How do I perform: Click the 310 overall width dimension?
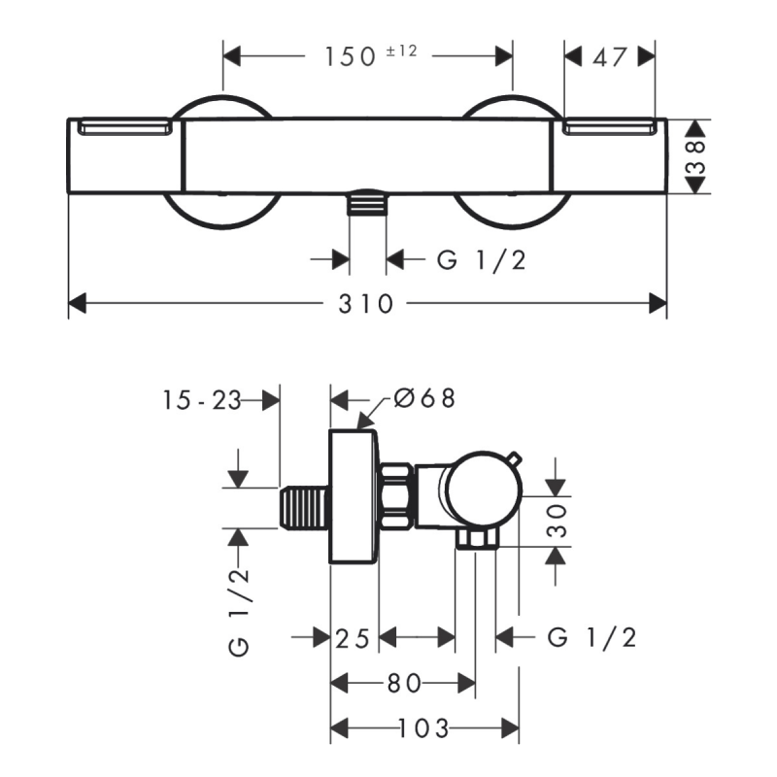[366, 303]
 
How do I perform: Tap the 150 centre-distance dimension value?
[350, 56]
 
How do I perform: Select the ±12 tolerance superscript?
[401, 51]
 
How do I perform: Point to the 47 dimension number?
[610, 57]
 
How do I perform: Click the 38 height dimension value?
[695, 156]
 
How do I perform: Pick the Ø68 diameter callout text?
[424, 398]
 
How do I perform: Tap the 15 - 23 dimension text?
[202, 400]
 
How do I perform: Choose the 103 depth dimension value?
[424, 728]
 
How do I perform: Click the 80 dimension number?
[404, 684]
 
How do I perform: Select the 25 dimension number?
[353, 638]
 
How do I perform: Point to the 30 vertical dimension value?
[556, 521]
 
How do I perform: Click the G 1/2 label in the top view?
[481, 260]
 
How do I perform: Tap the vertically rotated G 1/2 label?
[239, 613]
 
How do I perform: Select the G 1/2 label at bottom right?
[591, 638]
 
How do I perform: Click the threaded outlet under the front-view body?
[367, 202]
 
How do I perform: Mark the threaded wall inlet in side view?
[303, 507]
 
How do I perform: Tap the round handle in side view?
[484, 490]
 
